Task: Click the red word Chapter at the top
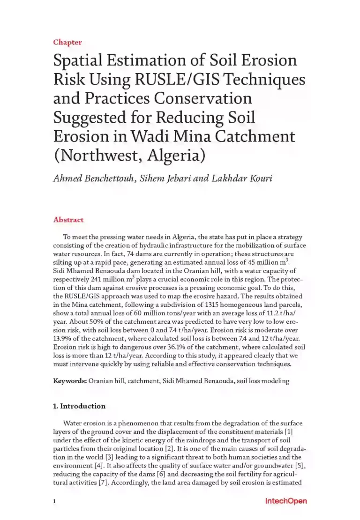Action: click(x=67, y=42)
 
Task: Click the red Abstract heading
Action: click(x=68, y=220)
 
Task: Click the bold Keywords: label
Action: click(x=70, y=381)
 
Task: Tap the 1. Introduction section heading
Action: click(x=79, y=406)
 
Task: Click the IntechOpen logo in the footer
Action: click(x=286, y=501)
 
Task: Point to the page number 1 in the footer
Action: click(x=54, y=502)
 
